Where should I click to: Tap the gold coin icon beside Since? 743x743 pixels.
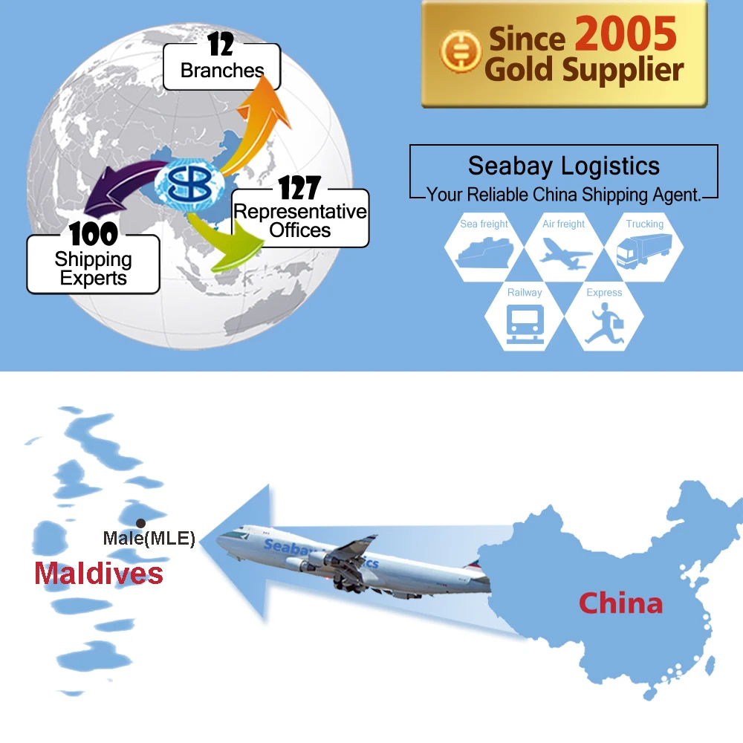coord(460,53)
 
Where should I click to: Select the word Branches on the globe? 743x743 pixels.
coord(222,71)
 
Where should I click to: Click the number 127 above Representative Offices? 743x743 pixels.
coord(299,188)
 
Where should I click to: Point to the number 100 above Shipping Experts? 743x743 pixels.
coord(94,235)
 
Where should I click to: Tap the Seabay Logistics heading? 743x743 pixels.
coord(563,166)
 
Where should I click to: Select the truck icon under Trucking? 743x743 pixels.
coord(643,250)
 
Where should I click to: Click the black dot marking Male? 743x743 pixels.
coord(140,523)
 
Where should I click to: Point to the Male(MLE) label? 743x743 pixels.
coord(149,539)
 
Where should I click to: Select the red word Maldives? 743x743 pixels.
coord(98,573)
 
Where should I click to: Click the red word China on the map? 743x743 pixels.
coord(620,603)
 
